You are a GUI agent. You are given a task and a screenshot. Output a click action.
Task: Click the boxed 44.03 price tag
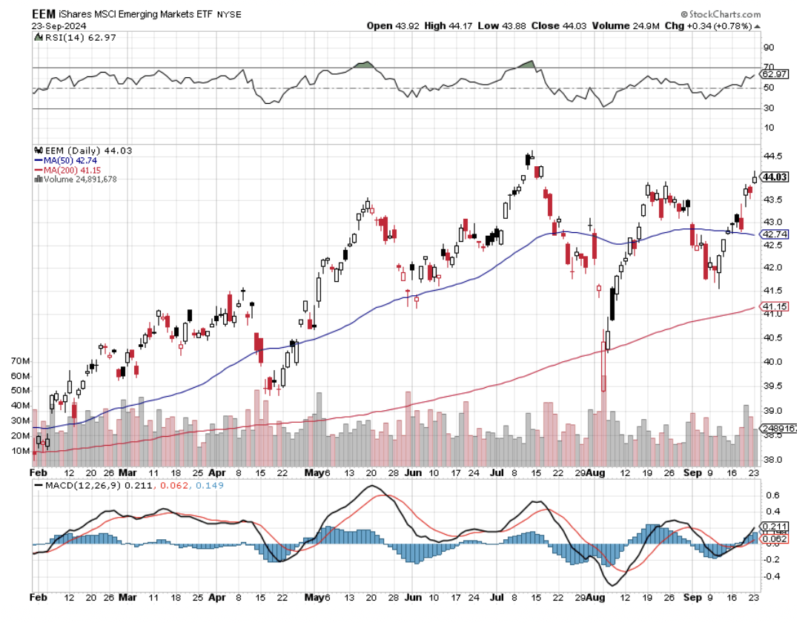click(775, 177)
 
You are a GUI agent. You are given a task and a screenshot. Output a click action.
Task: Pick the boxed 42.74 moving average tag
click(775, 234)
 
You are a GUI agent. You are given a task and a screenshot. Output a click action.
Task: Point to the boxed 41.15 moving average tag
click(775, 306)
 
